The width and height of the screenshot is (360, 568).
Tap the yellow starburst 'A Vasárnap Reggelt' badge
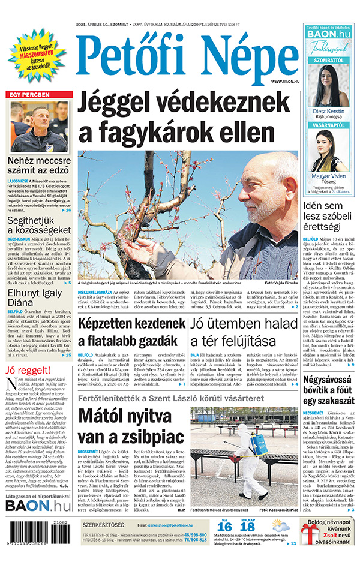pyautogui.click(x=37, y=55)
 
